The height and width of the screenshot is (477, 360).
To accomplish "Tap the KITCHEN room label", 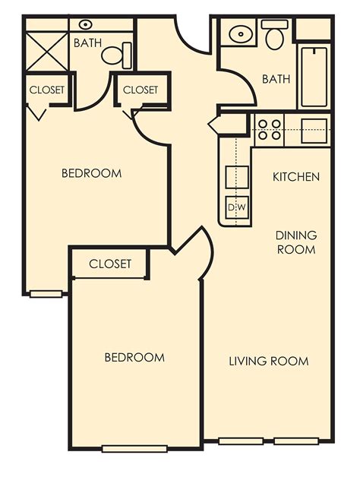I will [x=296, y=177].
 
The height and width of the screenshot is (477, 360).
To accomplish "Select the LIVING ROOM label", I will [x=269, y=361].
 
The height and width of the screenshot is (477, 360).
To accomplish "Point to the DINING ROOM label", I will [x=296, y=242].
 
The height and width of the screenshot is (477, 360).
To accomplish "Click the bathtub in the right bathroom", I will [x=314, y=77].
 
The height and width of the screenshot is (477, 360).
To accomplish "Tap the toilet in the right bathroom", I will [x=274, y=34].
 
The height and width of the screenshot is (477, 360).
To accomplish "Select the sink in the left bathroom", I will [x=86, y=25].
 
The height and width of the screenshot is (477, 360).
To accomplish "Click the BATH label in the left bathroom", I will [x=88, y=43].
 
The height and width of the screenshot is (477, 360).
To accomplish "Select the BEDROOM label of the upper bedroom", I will [x=91, y=173].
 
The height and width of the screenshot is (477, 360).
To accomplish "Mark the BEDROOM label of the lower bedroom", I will [x=134, y=357].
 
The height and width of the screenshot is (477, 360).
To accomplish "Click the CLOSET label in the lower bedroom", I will [x=110, y=264].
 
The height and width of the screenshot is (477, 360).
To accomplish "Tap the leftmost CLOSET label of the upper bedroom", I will [x=47, y=90].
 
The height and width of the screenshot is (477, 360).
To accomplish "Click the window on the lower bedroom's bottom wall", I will [x=134, y=448].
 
